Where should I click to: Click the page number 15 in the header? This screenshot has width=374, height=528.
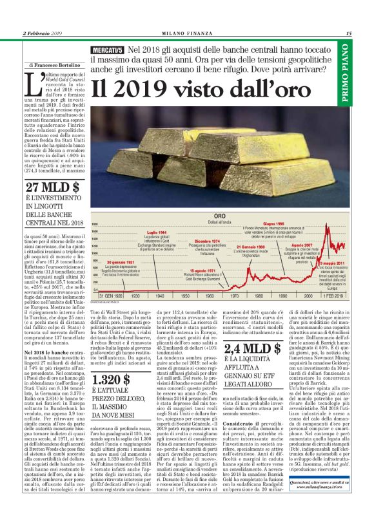348,33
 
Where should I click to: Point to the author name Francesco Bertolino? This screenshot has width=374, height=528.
56,66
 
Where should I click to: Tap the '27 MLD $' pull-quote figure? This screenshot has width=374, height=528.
52,187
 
